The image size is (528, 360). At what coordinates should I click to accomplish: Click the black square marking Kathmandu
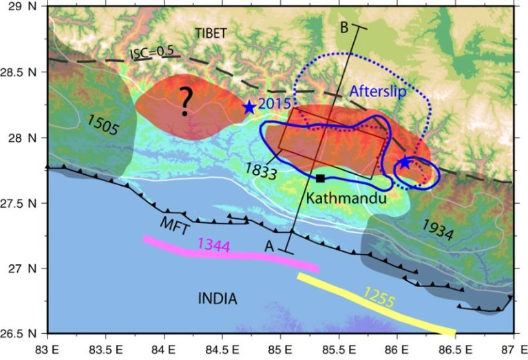(320, 178)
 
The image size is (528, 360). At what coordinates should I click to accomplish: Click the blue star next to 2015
(249, 107)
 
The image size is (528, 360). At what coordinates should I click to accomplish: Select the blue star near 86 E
(404, 163)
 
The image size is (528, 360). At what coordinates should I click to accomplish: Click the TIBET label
(210, 32)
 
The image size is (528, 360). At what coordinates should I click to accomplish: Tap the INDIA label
(217, 299)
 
